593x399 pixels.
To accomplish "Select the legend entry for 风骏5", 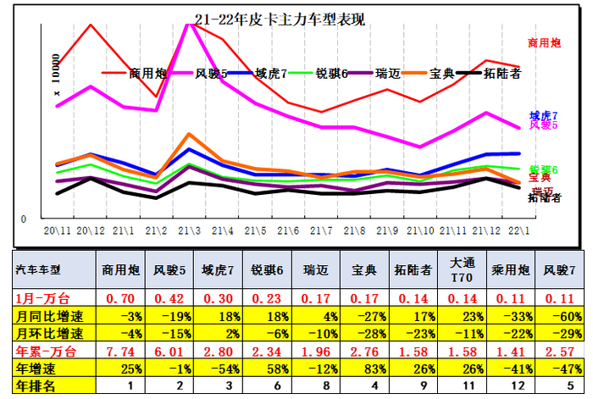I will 211,73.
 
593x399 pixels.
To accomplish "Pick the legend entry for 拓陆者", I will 500,73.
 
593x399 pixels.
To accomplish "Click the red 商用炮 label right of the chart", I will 544,42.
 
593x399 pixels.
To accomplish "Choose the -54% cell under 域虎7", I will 224,369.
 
